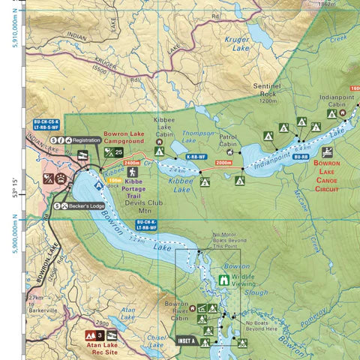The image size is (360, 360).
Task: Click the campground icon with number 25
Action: click(x=113, y=153)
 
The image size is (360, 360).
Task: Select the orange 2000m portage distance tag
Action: click(x=223, y=163)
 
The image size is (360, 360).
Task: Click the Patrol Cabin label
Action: click(x=228, y=141)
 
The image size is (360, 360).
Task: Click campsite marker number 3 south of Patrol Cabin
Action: click(x=239, y=181)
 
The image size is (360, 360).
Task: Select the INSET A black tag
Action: click(x=185, y=340)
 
